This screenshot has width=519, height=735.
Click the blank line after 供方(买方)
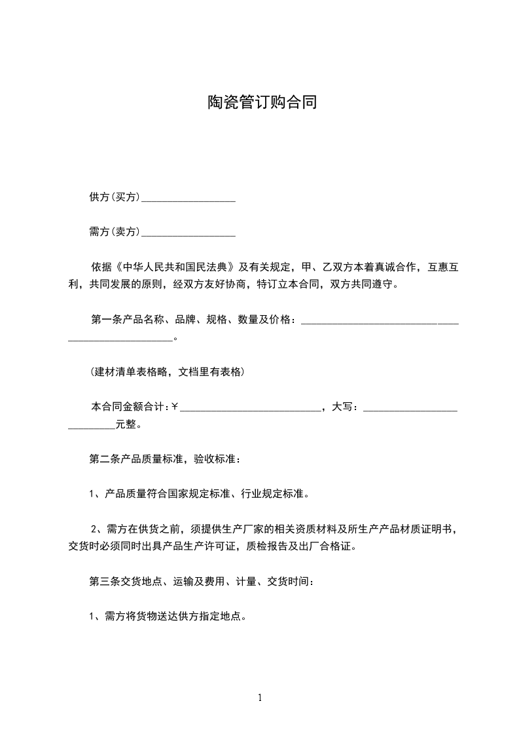(188, 198)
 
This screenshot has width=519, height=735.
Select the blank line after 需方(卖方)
(188, 233)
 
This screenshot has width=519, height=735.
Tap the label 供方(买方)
(115, 197)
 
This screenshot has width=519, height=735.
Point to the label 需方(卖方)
(115, 231)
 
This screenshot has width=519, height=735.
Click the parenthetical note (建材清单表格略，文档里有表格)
(167, 372)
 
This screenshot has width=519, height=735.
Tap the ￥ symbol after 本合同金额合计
(175, 407)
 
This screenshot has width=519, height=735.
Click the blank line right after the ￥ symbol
(250, 408)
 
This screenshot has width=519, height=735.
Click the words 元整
(126, 424)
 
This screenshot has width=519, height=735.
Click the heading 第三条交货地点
(130, 581)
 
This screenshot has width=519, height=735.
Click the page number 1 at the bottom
(260, 698)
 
